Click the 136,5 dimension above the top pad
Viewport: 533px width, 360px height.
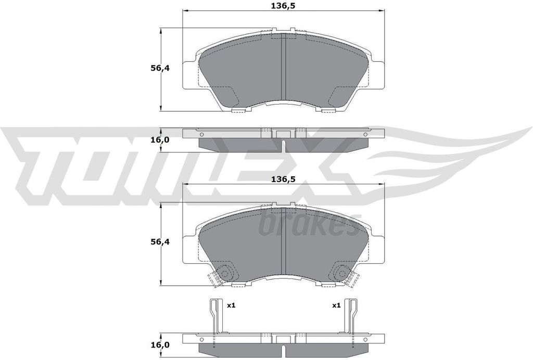pyautogui.click(x=283, y=6)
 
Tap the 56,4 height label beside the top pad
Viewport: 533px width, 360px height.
pyautogui.click(x=160, y=68)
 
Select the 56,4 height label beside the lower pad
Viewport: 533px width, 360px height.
pyautogui.click(x=160, y=242)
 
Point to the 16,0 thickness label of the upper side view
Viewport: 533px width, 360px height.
pyautogui.click(x=160, y=139)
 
